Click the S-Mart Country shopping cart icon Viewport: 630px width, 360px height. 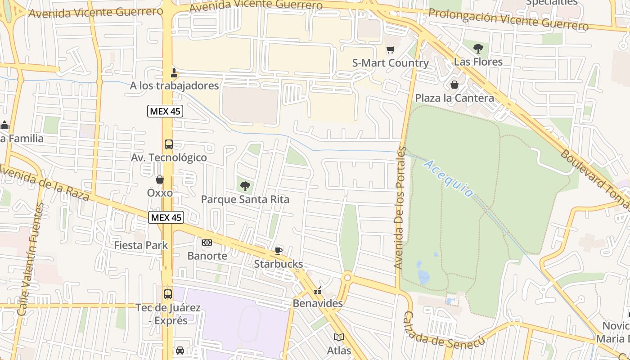(390, 50)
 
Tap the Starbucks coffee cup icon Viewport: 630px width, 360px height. (279, 251)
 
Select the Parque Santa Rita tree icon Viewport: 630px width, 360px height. (245, 186)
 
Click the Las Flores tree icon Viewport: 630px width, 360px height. (478, 48)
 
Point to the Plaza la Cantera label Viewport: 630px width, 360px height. (454, 98)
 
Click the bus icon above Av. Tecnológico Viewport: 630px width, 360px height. (168, 144)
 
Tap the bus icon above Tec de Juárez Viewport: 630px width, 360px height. (168, 294)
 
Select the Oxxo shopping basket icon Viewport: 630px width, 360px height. (159, 180)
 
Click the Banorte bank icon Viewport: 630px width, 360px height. (207, 243)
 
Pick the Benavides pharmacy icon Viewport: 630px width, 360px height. (318, 290)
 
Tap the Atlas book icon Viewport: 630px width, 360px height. (339, 337)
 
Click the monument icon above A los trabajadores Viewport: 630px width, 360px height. (174, 73)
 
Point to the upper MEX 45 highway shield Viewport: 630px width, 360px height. (165, 111)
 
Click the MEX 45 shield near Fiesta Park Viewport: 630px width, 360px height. (166, 218)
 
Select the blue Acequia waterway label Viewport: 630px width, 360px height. (448, 179)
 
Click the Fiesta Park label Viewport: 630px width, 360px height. (141, 245)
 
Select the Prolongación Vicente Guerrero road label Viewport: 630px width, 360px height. (508, 19)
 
